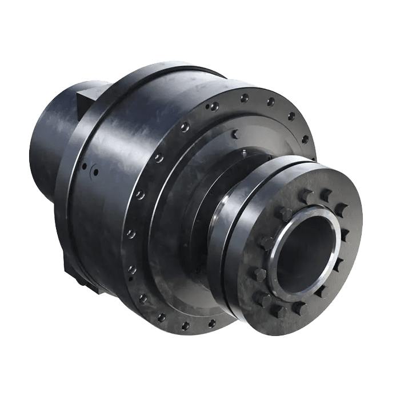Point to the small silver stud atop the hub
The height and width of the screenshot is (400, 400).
click(x=244, y=152)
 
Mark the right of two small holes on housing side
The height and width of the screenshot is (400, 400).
click(x=95, y=172)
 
